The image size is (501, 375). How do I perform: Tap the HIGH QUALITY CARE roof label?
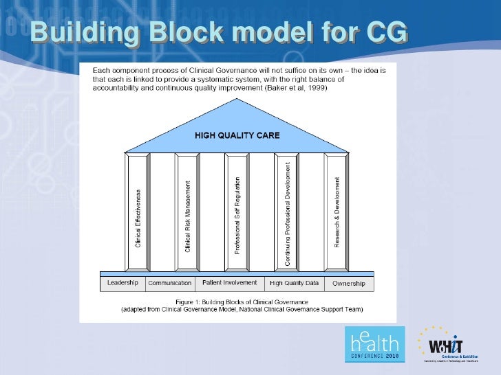(237, 135)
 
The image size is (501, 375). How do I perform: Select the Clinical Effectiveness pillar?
(138, 212)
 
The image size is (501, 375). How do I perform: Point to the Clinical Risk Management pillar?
(187, 212)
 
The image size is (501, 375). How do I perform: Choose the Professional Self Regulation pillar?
(237, 212)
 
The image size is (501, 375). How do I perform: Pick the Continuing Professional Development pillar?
(287, 212)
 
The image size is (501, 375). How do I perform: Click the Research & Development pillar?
(337, 212)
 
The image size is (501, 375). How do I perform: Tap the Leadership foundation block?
(122, 283)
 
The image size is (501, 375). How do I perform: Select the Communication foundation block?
(169, 283)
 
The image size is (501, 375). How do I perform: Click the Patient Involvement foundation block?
(229, 283)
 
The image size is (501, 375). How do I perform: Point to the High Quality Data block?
(295, 283)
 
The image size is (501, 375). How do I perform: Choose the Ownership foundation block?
(348, 283)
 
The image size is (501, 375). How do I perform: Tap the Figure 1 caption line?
(242, 302)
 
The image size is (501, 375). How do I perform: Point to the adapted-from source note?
(242, 309)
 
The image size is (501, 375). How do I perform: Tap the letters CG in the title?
(382, 31)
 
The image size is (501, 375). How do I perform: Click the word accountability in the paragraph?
(108, 88)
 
